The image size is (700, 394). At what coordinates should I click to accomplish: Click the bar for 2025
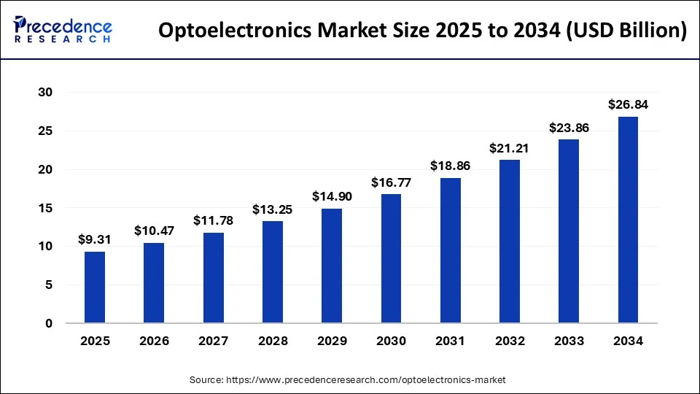pos(95,287)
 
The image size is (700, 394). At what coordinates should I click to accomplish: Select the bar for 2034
pos(628,220)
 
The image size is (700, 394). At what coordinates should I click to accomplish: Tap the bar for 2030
pos(391,258)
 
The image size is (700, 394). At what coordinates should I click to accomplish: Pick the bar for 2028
pos(272,271)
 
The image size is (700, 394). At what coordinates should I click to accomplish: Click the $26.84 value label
pos(628,104)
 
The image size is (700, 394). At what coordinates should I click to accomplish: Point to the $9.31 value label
pos(95,239)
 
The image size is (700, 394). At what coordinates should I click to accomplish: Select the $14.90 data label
pos(332,196)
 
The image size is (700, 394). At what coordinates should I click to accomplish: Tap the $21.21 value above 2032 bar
pos(510,147)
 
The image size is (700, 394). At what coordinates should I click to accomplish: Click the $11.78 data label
pos(213,220)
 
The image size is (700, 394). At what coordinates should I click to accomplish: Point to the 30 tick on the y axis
pos(46,93)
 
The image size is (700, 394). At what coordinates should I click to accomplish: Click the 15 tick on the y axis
pos(46,208)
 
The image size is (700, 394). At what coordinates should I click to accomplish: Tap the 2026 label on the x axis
pos(154,341)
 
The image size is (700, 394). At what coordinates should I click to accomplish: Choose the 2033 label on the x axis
pos(569,341)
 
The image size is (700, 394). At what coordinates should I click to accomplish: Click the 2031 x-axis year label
pos(450,341)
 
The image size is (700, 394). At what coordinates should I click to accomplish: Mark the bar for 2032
pos(510,242)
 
